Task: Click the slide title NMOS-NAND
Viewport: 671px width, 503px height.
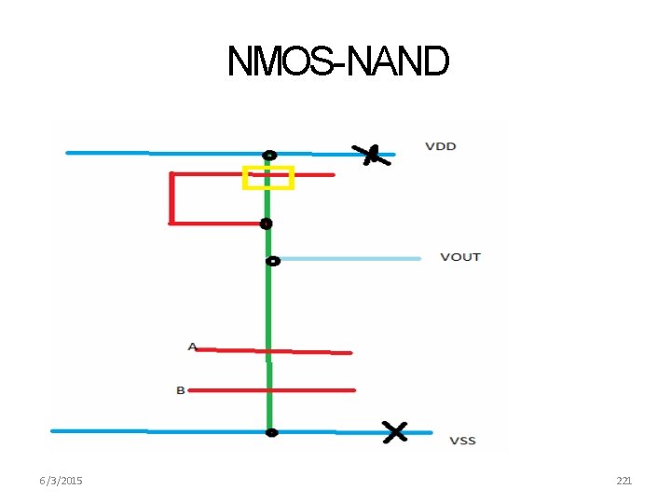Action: coord(337,62)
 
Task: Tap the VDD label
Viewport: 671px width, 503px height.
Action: coord(441,146)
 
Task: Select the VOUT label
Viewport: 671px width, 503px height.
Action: coord(460,256)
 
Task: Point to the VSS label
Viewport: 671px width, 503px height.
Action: coord(462,440)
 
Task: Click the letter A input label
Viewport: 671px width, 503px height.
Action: coord(192,347)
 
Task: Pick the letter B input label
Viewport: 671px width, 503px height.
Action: coord(181,390)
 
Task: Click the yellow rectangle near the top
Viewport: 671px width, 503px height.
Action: coord(268,177)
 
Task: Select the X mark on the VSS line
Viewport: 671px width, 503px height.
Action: coord(395,431)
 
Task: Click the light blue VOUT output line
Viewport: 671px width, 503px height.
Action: coord(349,258)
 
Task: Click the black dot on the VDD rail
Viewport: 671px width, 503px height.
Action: coord(269,156)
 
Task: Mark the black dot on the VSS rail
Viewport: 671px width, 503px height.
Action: coord(271,432)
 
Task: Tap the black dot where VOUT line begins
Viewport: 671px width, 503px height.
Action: coord(272,261)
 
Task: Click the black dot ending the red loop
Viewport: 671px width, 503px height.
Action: coord(267,224)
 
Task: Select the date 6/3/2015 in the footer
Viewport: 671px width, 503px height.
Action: coord(61,481)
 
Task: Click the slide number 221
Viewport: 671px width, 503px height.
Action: coord(624,481)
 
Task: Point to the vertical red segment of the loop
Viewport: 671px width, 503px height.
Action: coord(171,198)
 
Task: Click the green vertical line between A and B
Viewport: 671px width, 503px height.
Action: coord(269,371)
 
